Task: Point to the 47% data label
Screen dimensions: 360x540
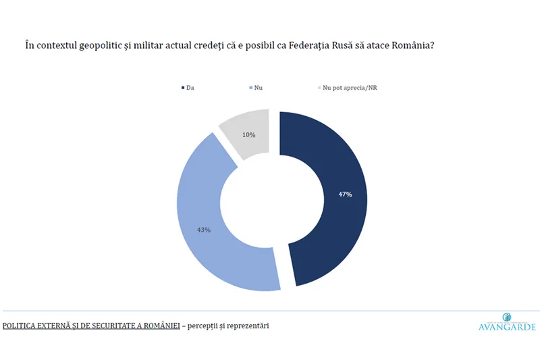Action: (x=344, y=195)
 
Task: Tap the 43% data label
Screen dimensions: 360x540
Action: (x=204, y=230)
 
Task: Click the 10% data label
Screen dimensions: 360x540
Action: (x=249, y=135)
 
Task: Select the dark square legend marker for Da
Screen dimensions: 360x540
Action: (x=182, y=88)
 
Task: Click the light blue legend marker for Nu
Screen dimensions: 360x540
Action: (x=250, y=88)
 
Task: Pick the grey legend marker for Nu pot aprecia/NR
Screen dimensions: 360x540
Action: (x=319, y=88)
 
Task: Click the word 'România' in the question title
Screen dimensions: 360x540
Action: (x=406, y=45)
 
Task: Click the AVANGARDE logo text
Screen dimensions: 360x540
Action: (x=506, y=328)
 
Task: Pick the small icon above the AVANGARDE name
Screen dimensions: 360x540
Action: (x=507, y=317)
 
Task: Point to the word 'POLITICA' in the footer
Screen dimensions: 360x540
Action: (x=19, y=326)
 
